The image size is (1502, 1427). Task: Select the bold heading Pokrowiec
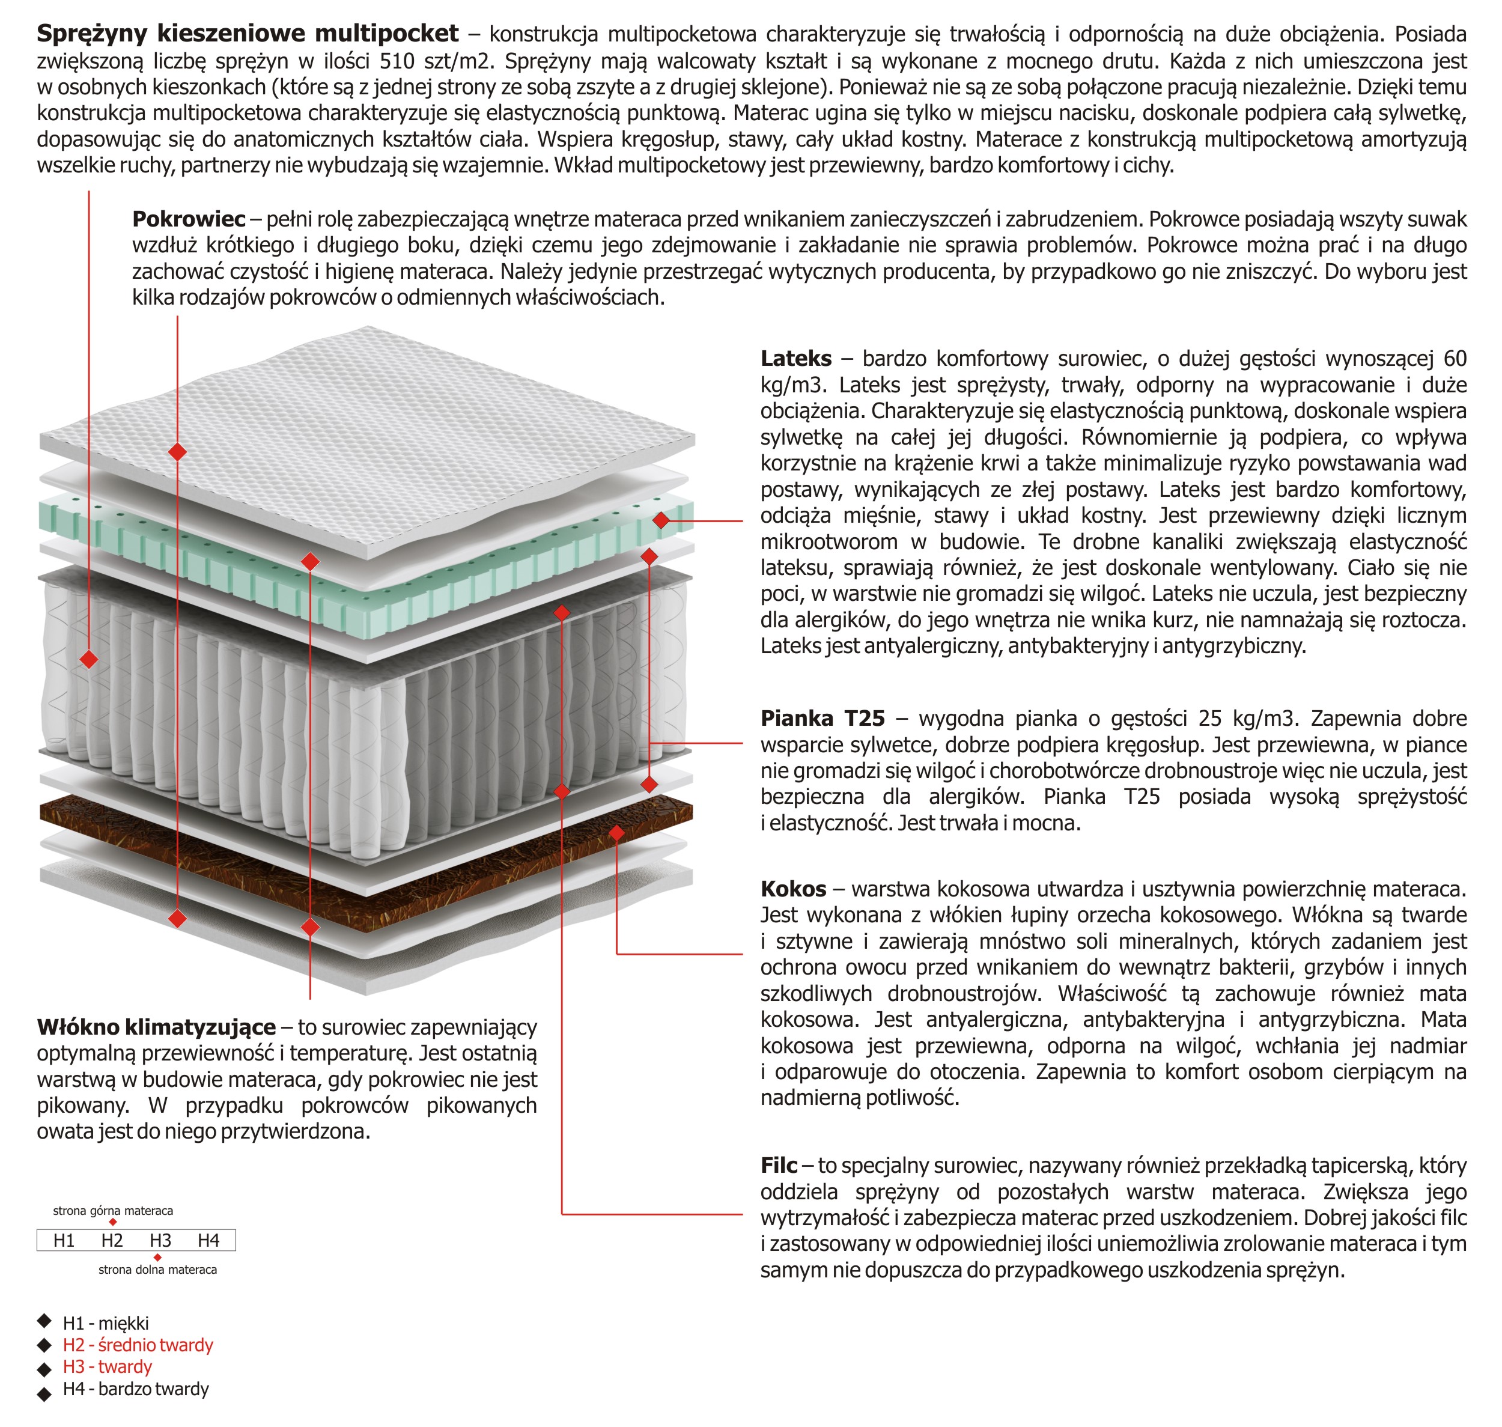coord(189,219)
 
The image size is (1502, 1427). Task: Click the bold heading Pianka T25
coord(822,718)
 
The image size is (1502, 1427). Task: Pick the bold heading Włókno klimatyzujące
coord(156,1027)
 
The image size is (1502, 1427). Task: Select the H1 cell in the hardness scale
coord(64,1241)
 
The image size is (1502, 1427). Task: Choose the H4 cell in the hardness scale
coord(208,1241)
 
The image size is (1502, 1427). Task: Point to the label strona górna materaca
coord(112,1210)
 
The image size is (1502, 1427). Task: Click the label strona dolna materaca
coord(157,1270)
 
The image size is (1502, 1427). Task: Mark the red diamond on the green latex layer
coord(660,520)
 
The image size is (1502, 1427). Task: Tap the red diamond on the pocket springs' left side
coord(89,659)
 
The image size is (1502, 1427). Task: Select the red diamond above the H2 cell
coord(112,1222)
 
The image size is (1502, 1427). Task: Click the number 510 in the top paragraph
coord(397,61)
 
